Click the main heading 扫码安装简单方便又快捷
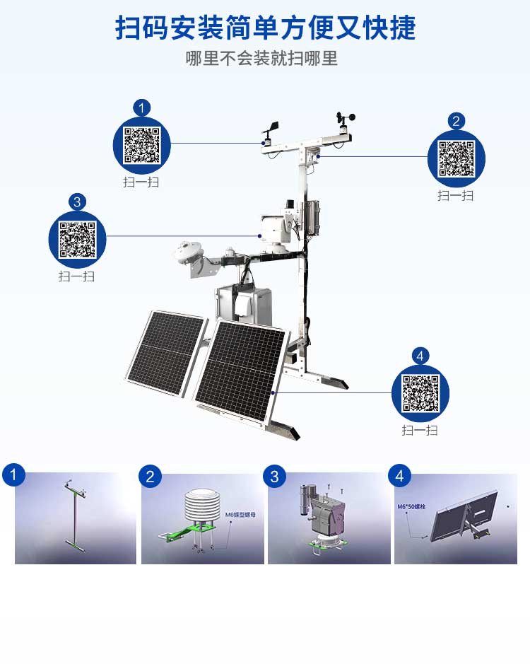coord(265,28)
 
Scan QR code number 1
coord(142,145)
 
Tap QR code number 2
coord(456,159)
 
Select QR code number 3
coord(76,239)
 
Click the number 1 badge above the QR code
coord(142,108)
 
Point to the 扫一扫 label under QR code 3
coord(76,276)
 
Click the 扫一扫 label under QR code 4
coord(420,430)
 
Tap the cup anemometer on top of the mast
coord(345,118)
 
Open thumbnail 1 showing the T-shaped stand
coord(75,518)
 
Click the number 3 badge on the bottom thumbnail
coord(274,476)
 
